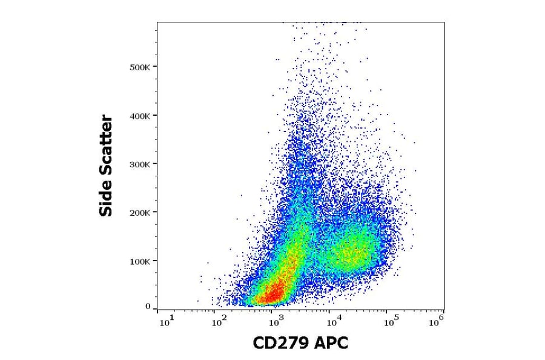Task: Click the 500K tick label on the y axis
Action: click(140, 67)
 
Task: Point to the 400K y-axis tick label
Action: click(140, 115)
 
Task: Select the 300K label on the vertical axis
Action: click(140, 164)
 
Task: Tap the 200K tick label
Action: click(140, 212)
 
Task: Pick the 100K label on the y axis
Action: click(140, 261)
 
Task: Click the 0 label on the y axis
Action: click(147, 307)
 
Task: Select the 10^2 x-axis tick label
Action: click(220, 321)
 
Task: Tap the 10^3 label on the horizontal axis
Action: click(276, 321)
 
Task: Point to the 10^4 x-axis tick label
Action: click(331, 321)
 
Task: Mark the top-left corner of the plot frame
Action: click(157, 22)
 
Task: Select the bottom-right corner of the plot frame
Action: click(444, 310)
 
